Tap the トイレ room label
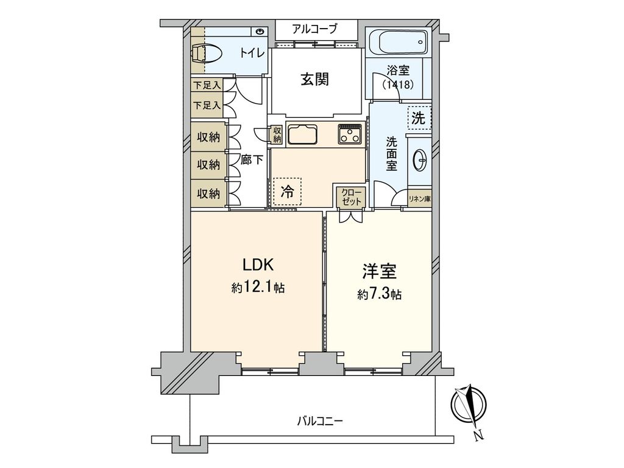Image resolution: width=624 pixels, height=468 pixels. point(252,53)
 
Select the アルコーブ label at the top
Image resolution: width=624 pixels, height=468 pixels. point(314,29)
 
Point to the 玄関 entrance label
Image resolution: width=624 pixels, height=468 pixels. point(315,80)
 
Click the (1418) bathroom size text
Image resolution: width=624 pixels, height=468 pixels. point(398,84)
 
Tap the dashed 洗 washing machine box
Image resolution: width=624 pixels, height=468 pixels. point(419,118)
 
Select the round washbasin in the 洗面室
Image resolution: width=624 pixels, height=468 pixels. point(420,160)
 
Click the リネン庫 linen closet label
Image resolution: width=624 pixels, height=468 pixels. point(420,199)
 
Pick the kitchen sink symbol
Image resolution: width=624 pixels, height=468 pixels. point(302,135)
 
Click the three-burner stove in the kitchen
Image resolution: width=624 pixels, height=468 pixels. point(350,133)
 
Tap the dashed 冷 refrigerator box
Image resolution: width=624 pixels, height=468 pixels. point(288,191)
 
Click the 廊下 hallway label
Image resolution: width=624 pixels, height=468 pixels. point(252,160)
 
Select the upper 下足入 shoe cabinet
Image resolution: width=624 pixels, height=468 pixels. point(207,85)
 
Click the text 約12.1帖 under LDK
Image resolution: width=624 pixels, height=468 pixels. point(258,288)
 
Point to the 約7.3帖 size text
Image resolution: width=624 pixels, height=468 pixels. point(379,294)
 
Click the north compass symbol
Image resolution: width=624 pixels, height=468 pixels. point(469,406)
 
